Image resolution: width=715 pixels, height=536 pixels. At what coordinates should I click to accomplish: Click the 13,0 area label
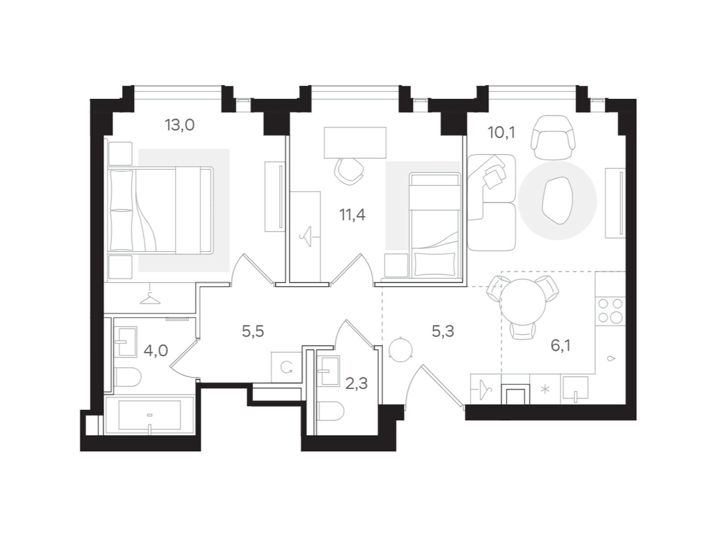point(180,125)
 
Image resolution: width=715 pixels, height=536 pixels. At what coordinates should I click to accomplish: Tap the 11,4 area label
point(352,215)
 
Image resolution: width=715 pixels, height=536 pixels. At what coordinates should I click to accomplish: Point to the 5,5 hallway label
point(253,331)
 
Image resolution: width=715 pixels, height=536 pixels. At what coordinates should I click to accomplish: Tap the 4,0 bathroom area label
point(156,350)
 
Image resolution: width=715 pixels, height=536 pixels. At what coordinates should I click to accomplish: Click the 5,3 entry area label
point(443,331)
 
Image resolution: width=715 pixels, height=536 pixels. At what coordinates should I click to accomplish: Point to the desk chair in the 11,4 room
point(349,170)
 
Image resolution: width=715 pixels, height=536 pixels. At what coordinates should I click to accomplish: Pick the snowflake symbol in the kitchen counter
point(545,389)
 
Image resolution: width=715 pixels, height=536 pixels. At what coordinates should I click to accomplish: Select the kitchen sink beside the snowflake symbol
point(575,388)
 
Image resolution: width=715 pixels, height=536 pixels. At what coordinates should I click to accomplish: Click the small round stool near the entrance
point(399,348)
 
